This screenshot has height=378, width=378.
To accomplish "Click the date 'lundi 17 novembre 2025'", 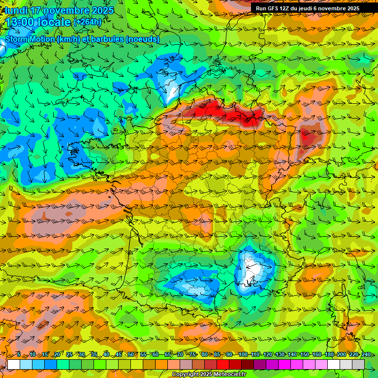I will point(59,10).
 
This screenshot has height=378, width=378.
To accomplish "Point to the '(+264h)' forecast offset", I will point(88,22).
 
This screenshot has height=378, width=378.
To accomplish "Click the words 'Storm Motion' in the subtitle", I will point(30,39).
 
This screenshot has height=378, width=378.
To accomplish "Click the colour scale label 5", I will point(19,354).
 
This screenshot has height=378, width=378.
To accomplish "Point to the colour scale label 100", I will point(243,354).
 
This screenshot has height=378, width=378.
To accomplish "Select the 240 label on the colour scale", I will point(366,354).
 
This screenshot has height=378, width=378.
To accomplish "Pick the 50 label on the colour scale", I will point(131,354).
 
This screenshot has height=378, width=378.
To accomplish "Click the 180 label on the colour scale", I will point(329,354).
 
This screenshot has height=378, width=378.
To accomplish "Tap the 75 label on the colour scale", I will point(193,354).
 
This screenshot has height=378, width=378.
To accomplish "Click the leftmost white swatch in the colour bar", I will point(14,364).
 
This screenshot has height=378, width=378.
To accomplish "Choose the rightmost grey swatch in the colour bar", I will point(358,364).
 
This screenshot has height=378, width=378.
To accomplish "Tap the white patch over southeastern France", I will point(253,270).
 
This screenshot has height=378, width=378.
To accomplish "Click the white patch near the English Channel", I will point(173,91).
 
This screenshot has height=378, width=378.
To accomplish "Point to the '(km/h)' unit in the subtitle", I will point(68,39).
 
